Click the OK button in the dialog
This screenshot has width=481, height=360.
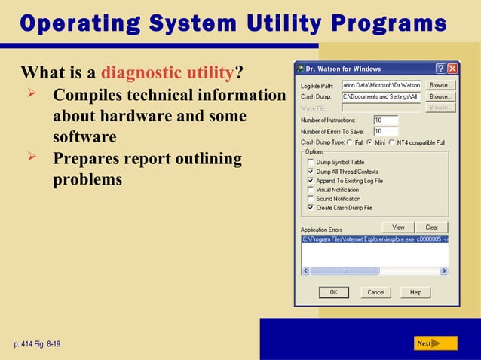tap(333, 292)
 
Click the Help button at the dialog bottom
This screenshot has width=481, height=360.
tap(415, 292)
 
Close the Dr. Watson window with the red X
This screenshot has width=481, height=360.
tap(452, 69)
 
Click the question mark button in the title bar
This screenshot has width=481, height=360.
tap(440, 69)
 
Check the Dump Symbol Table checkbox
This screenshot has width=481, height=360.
tap(310, 163)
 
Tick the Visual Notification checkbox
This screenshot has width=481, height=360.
tap(310, 190)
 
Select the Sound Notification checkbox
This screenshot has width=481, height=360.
tap(310, 199)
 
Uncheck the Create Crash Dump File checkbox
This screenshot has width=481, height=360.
tap(310, 208)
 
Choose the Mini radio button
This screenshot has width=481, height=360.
tap(369, 142)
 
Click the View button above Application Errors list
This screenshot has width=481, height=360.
tap(398, 227)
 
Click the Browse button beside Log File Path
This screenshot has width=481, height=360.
tap(440, 85)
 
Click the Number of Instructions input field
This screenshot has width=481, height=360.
tap(386, 120)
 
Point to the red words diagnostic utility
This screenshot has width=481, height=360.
tap(167, 73)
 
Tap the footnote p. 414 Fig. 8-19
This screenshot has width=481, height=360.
tap(37, 344)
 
